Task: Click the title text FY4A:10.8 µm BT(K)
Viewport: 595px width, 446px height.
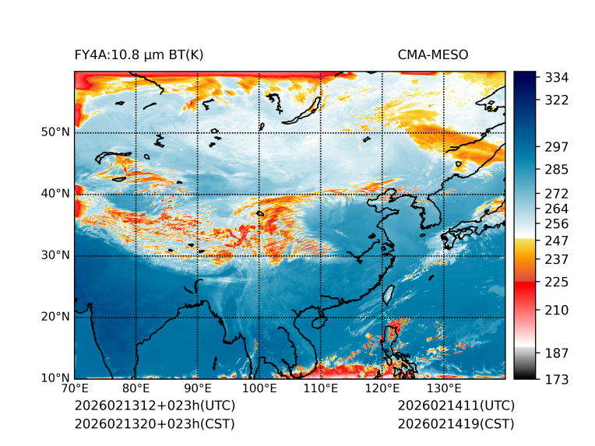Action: [x=139, y=54]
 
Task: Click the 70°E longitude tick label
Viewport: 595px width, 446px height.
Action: [x=75, y=389]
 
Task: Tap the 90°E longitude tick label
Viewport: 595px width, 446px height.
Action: [x=198, y=389]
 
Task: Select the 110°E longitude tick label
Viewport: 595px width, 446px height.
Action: [x=321, y=389]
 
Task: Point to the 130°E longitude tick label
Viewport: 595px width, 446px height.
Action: [x=444, y=389]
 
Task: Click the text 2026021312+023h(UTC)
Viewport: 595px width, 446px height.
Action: [x=154, y=406]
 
